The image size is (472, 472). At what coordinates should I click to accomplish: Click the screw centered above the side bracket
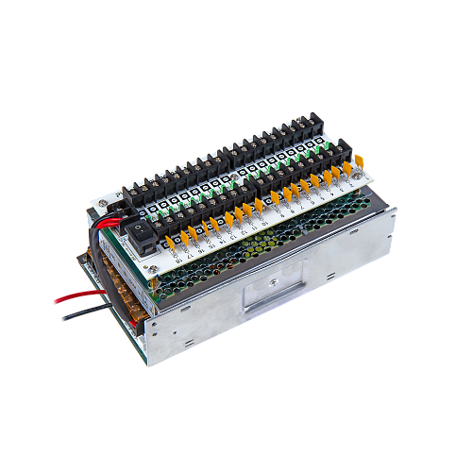coord(271,278)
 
